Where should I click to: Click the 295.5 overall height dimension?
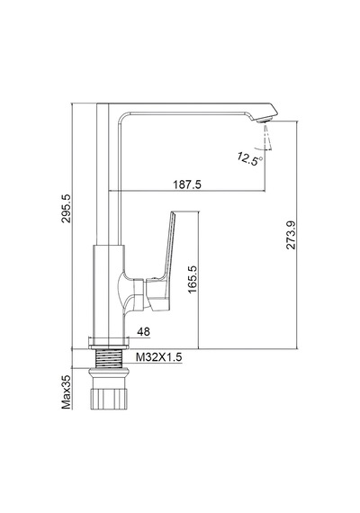[66, 208]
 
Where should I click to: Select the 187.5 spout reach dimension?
[187, 184]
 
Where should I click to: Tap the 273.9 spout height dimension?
[291, 235]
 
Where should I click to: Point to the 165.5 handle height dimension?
[193, 279]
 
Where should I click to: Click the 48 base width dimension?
[143, 332]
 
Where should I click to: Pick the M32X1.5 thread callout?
[158, 357]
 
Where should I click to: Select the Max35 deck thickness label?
[66, 391]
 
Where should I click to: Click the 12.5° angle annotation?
[249, 159]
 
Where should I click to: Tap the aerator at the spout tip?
[265, 120]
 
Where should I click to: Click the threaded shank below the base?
[108, 358]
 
